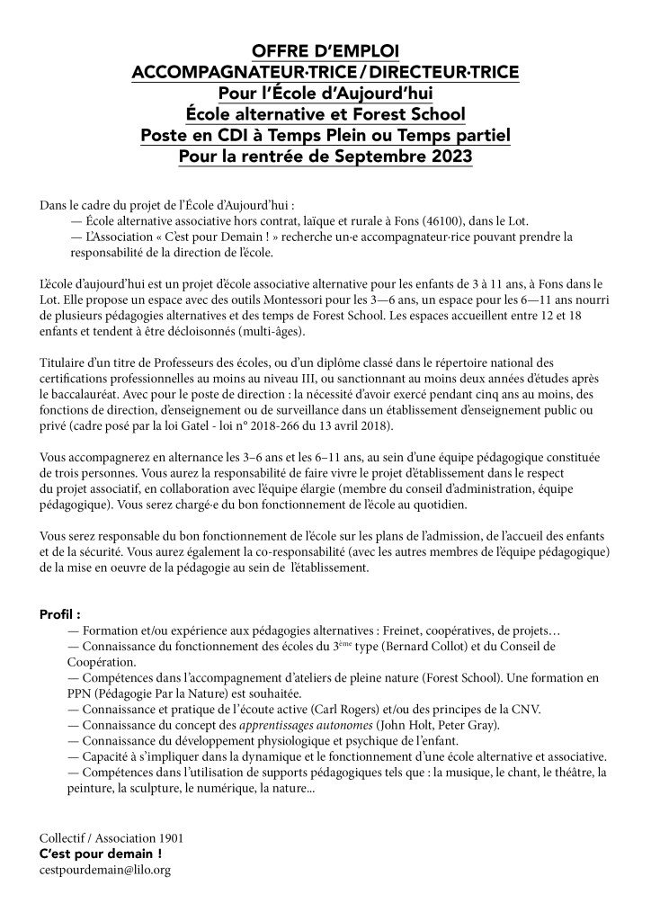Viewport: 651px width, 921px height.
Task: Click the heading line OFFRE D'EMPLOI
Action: [x=325, y=50]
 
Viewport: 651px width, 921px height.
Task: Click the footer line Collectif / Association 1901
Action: [x=111, y=837]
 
